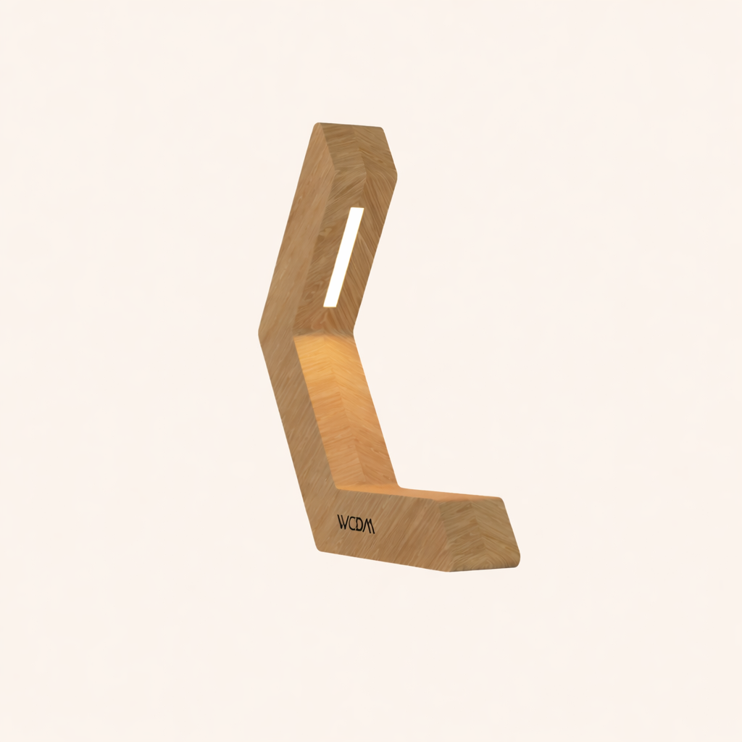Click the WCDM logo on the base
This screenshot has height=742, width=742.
(356, 524)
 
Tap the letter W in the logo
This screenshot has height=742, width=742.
(343, 522)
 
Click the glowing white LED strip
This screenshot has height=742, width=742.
(343, 257)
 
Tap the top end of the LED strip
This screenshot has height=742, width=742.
(356, 210)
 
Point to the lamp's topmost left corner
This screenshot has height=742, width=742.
(317, 124)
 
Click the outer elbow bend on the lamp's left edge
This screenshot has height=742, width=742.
(259, 330)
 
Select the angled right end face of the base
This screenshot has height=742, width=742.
(478, 533)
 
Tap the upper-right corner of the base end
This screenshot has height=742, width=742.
(502, 499)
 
